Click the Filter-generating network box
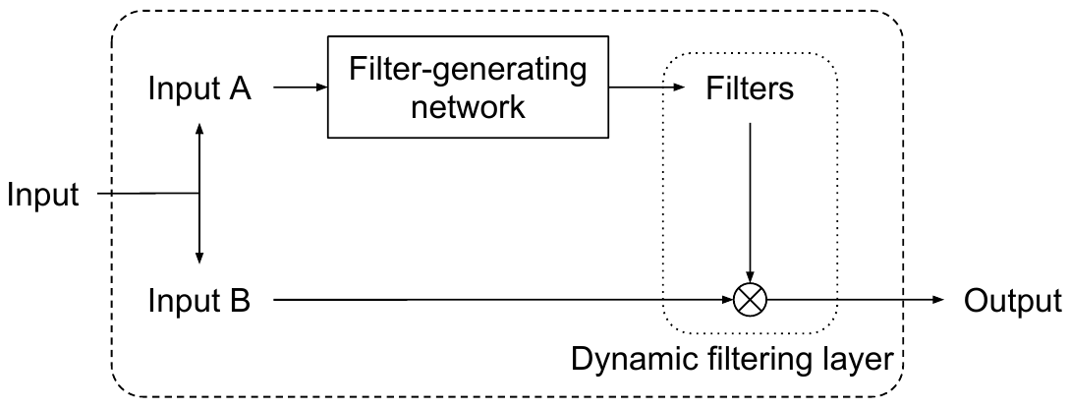point(468,88)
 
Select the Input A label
point(199,88)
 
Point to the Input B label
point(199,300)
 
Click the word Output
point(1012,300)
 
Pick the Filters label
point(750,89)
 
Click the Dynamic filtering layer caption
point(731,358)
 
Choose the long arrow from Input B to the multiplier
point(491,299)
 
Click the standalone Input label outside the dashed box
point(42,195)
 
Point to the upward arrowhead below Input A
point(199,130)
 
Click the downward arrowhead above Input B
point(199,258)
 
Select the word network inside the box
point(468,105)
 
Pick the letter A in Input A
point(239,88)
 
